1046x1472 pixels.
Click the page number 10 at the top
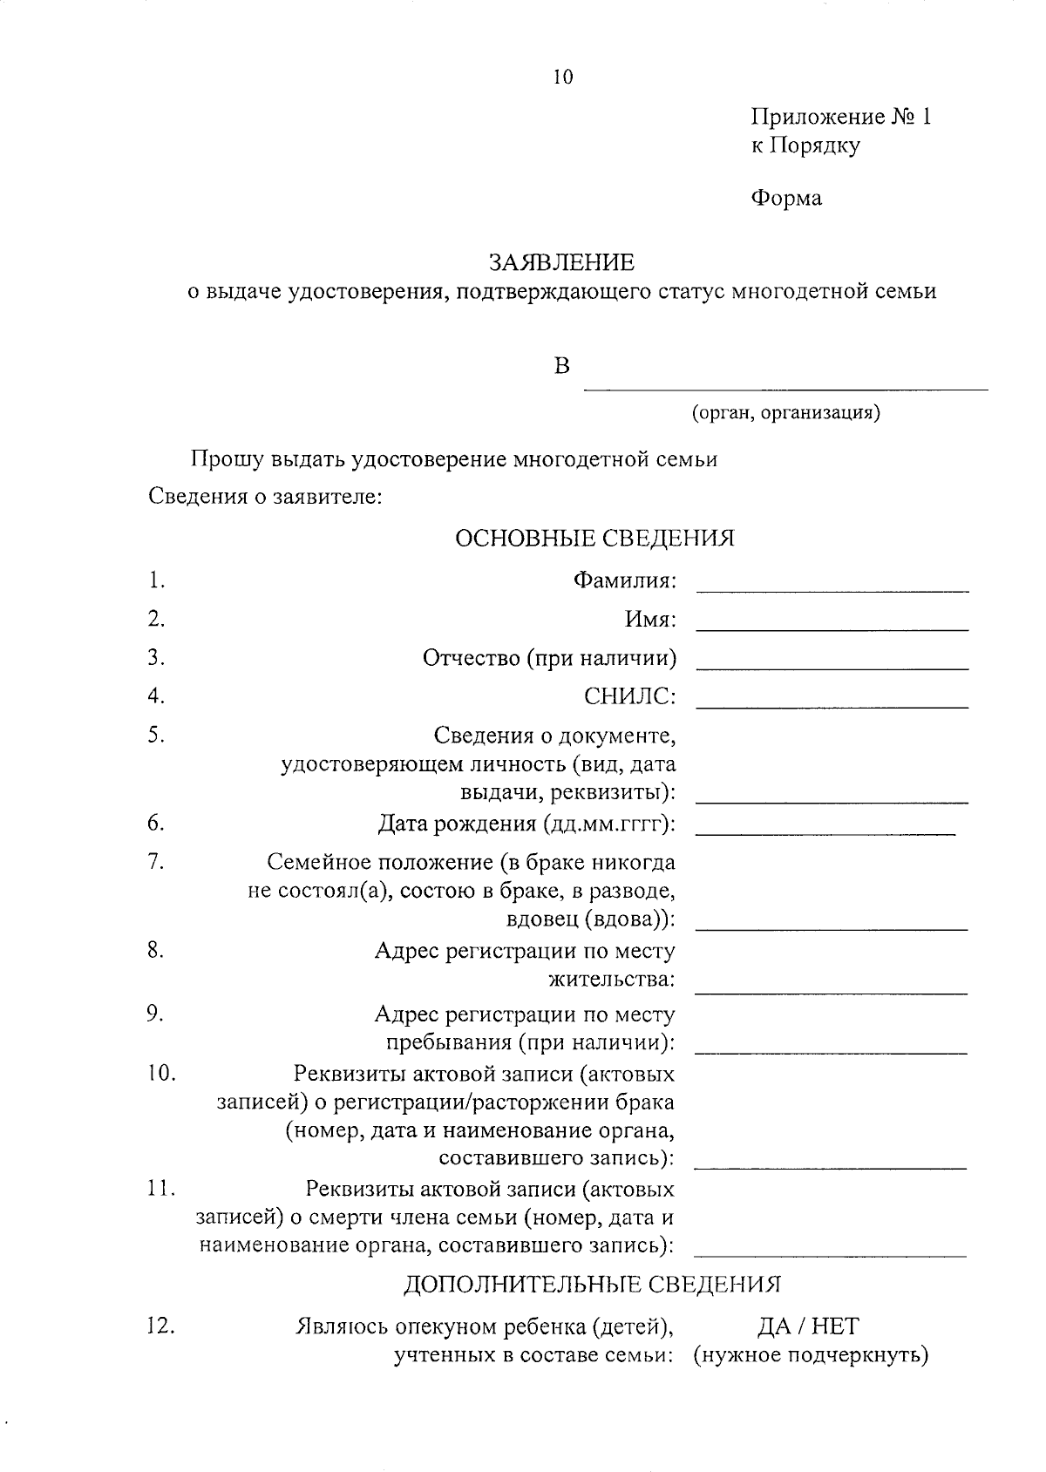pos(563,78)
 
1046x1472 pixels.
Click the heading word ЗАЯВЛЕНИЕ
pos(561,262)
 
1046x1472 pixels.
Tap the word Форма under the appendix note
pos(786,199)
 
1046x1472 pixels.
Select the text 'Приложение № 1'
pos(841,117)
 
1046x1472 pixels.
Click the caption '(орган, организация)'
pos(785,412)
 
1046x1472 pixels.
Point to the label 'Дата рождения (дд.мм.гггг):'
pos(527,824)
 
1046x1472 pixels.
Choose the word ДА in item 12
pos(774,1326)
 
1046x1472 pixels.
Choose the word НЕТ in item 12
pos(834,1326)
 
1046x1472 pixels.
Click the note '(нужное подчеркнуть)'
pos(811,1356)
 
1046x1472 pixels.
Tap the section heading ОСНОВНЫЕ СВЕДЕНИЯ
pos(594,538)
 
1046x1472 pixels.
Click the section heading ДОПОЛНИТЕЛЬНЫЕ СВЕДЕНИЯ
pos(592,1284)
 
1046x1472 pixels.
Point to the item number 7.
pos(156,861)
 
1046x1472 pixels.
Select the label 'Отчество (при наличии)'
pos(549,658)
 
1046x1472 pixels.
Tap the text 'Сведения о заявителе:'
pos(265,498)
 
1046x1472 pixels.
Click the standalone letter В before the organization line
pos(562,366)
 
